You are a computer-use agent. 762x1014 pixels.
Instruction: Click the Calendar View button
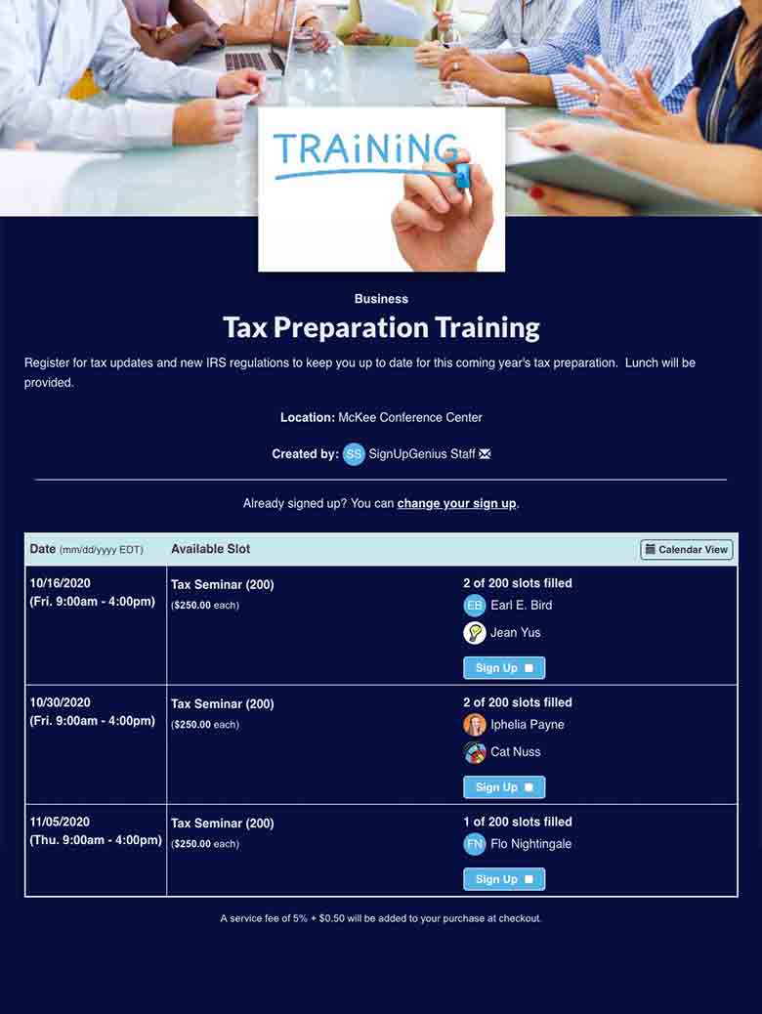[x=687, y=550]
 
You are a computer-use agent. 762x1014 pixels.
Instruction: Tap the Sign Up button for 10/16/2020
[x=504, y=668]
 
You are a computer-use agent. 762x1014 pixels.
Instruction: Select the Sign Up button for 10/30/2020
[x=504, y=787]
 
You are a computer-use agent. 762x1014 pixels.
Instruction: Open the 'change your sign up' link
[x=456, y=504]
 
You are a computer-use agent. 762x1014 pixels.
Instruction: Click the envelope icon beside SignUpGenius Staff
[x=486, y=454]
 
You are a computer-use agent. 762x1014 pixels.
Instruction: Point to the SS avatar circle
[x=354, y=454]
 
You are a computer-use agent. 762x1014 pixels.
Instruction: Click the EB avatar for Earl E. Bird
[x=475, y=606]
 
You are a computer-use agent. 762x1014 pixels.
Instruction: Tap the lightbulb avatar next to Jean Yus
[x=475, y=633]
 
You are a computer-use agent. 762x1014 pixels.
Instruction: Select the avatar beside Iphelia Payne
[x=475, y=725]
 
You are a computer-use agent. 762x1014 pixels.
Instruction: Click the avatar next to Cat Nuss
[x=475, y=752]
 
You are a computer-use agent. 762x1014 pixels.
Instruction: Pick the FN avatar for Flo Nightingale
[x=475, y=844]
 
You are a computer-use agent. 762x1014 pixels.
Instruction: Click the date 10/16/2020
[x=61, y=584]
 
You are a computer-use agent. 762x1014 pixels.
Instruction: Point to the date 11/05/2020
[x=61, y=823]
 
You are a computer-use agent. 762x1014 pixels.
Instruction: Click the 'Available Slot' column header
[x=211, y=550]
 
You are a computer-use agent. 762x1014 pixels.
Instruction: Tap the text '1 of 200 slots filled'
[x=518, y=823]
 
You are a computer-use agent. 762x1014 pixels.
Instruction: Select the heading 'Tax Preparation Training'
[x=381, y=327]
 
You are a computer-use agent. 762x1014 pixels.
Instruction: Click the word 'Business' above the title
[x=381, y=299]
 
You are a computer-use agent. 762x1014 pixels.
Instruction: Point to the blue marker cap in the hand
[x=461, y=177]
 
